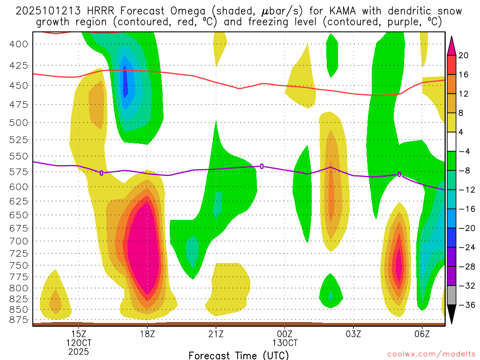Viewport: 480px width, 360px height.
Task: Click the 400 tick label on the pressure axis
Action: coord(19,44)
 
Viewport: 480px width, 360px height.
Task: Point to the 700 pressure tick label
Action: coord(19,241)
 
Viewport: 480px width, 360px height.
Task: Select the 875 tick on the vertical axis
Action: coord(19,320)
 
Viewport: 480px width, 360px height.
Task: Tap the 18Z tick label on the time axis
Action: coord(147,334)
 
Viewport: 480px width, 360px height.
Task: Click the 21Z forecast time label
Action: coord(216,334)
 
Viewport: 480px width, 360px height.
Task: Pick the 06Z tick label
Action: coord(422,334)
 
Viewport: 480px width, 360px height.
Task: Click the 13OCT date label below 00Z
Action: coord(285,343)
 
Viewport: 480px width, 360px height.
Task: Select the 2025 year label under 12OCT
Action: coord(78,351)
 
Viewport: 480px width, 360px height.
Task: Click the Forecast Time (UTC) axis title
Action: coord(239,355)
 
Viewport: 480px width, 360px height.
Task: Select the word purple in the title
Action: coord(380,22)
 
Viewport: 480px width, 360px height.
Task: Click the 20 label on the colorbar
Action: coord(463,55)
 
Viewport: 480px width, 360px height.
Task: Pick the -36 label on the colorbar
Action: coord(465,305)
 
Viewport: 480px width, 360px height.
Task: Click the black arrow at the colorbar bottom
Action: coord(452,315)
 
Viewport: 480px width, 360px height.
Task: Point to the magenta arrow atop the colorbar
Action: coord(452,45)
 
